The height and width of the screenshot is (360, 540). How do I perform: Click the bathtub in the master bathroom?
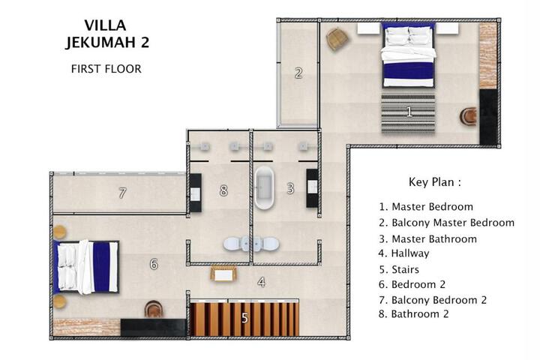(265, 188)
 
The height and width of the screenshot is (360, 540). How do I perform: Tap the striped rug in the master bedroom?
(408, 113)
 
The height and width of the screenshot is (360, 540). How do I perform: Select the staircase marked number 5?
(244, 318)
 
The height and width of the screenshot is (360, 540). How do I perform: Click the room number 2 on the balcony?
(298, 73)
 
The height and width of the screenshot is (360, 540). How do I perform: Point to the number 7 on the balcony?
(122, 193)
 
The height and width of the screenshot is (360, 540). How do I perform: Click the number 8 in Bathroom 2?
(223, 190)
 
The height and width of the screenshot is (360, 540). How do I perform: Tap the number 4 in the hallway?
(262, 283)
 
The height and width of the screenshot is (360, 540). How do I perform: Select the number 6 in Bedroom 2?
(154, 264)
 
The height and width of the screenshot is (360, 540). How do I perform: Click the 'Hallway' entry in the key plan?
(403, 253)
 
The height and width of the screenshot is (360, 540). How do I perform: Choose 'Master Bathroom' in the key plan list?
(427, 238)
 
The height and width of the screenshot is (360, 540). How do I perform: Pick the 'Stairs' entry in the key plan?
(399, 269)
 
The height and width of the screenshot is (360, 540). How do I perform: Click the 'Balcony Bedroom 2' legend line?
(433, 300)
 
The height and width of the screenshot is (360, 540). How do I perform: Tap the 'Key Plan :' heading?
(434, 182)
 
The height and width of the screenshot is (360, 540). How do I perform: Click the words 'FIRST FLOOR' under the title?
(106, 69)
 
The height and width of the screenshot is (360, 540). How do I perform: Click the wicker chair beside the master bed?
(336, 39)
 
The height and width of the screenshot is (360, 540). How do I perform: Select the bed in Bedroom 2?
(86, 267)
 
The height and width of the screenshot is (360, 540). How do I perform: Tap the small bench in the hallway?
(223, 274)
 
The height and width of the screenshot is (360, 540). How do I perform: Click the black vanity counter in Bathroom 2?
(196, 193)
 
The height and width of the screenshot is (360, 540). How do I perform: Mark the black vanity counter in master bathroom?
(312, 188)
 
